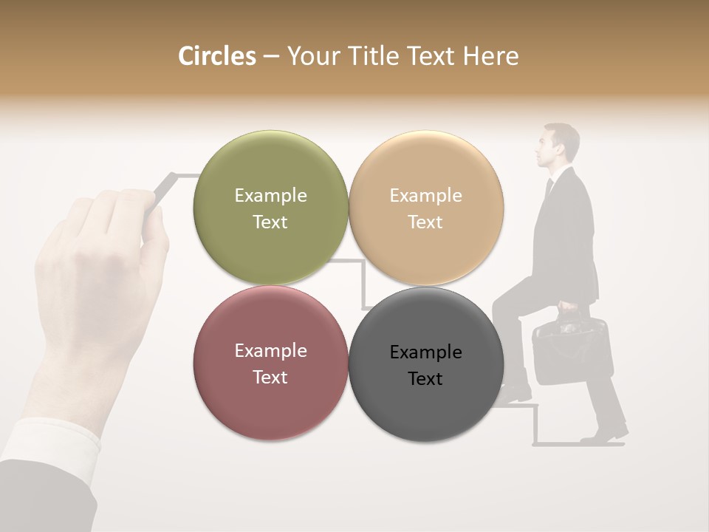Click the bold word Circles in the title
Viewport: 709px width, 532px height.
tap(217, 56)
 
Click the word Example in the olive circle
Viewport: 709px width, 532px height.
tap(270, 196)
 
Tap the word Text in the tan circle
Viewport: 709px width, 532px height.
tap(425, 222)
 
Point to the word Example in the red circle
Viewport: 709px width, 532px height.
tap(270, 351)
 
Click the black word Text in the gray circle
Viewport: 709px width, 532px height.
tap(425, 379)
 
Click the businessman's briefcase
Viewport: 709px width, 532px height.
tap(570, 351)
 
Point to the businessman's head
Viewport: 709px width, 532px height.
tap(559, 146)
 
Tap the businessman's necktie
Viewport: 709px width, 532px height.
tap(549, 189)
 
